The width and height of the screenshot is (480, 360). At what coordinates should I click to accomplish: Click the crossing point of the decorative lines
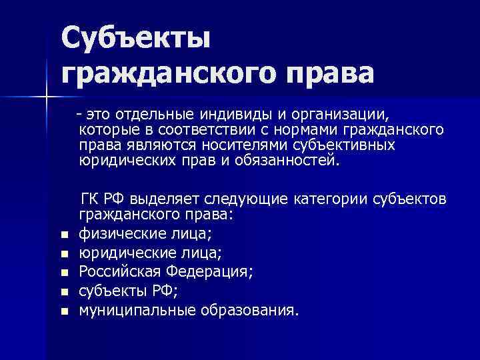(47, 97)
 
